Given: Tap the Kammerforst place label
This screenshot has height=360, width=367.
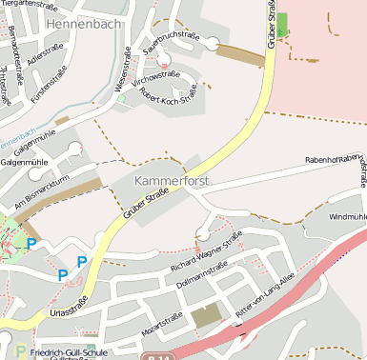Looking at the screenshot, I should pyautogui.click(x=173, y=180).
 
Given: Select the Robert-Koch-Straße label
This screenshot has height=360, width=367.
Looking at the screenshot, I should pyautogui.click(x=168, y=95).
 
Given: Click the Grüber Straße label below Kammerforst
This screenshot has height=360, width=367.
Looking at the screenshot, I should pyautogui.click(x=145, y=207).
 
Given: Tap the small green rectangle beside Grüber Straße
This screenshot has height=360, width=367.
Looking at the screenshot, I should pyautogui.click(x=281, y=26).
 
